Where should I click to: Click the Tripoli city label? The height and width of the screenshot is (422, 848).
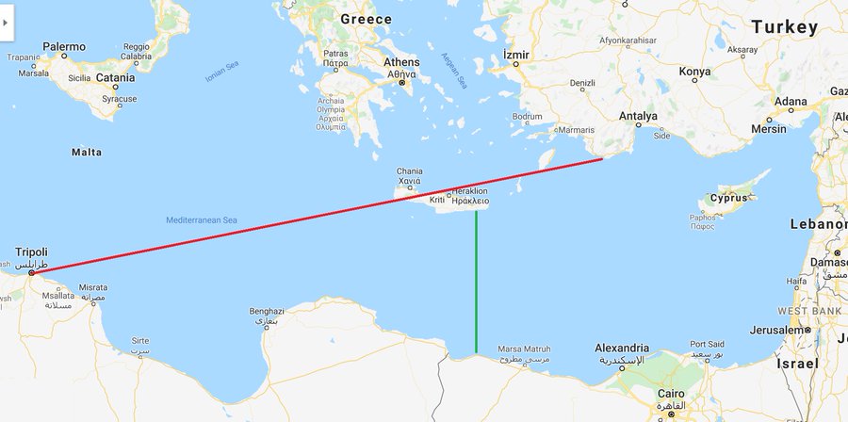click(31, 252)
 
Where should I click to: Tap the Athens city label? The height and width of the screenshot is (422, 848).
click(401, 62)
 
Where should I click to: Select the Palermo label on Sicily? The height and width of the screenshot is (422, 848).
click(64, 46)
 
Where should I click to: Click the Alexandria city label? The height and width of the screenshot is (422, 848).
click(622, 348)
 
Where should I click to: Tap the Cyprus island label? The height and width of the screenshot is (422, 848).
click(728, 198)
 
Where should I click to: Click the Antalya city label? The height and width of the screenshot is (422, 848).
click(639, 117)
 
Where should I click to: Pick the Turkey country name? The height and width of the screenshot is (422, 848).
click(785, 27)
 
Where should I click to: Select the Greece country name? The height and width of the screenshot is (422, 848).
click(366, 19)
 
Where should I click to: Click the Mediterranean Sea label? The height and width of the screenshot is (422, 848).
click(202, 219)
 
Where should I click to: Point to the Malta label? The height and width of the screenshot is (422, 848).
click(87, 152)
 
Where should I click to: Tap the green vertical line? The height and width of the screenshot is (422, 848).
click(476, 283)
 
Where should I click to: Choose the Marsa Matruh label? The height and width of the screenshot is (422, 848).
click(523, 349)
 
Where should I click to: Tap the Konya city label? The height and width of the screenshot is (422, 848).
click(695, 72)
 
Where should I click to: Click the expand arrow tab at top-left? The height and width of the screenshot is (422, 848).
click(5, 21)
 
